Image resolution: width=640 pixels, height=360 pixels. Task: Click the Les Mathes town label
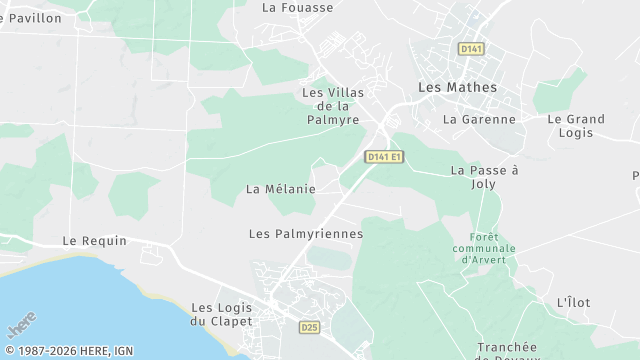point(456,88)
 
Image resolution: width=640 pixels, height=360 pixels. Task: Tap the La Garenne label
point(479,119)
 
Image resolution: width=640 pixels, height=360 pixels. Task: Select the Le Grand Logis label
point(576,126)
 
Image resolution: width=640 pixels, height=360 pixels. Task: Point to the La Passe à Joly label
point(485,177)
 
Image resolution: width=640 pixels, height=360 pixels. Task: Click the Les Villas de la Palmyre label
point(333,106)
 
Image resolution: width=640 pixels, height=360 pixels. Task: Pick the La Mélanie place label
point(281,189)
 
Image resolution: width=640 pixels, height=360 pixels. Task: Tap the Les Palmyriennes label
point(305,234)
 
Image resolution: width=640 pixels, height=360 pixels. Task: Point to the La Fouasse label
point(297,7)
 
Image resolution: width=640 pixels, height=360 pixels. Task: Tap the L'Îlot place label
point(574,302)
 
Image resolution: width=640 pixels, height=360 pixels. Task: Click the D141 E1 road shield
point(384,157)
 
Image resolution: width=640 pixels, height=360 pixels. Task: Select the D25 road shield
point(311,327)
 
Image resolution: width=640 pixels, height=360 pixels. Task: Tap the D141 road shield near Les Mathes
point(470,49)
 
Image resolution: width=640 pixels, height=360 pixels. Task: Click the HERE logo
point(20,328)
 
